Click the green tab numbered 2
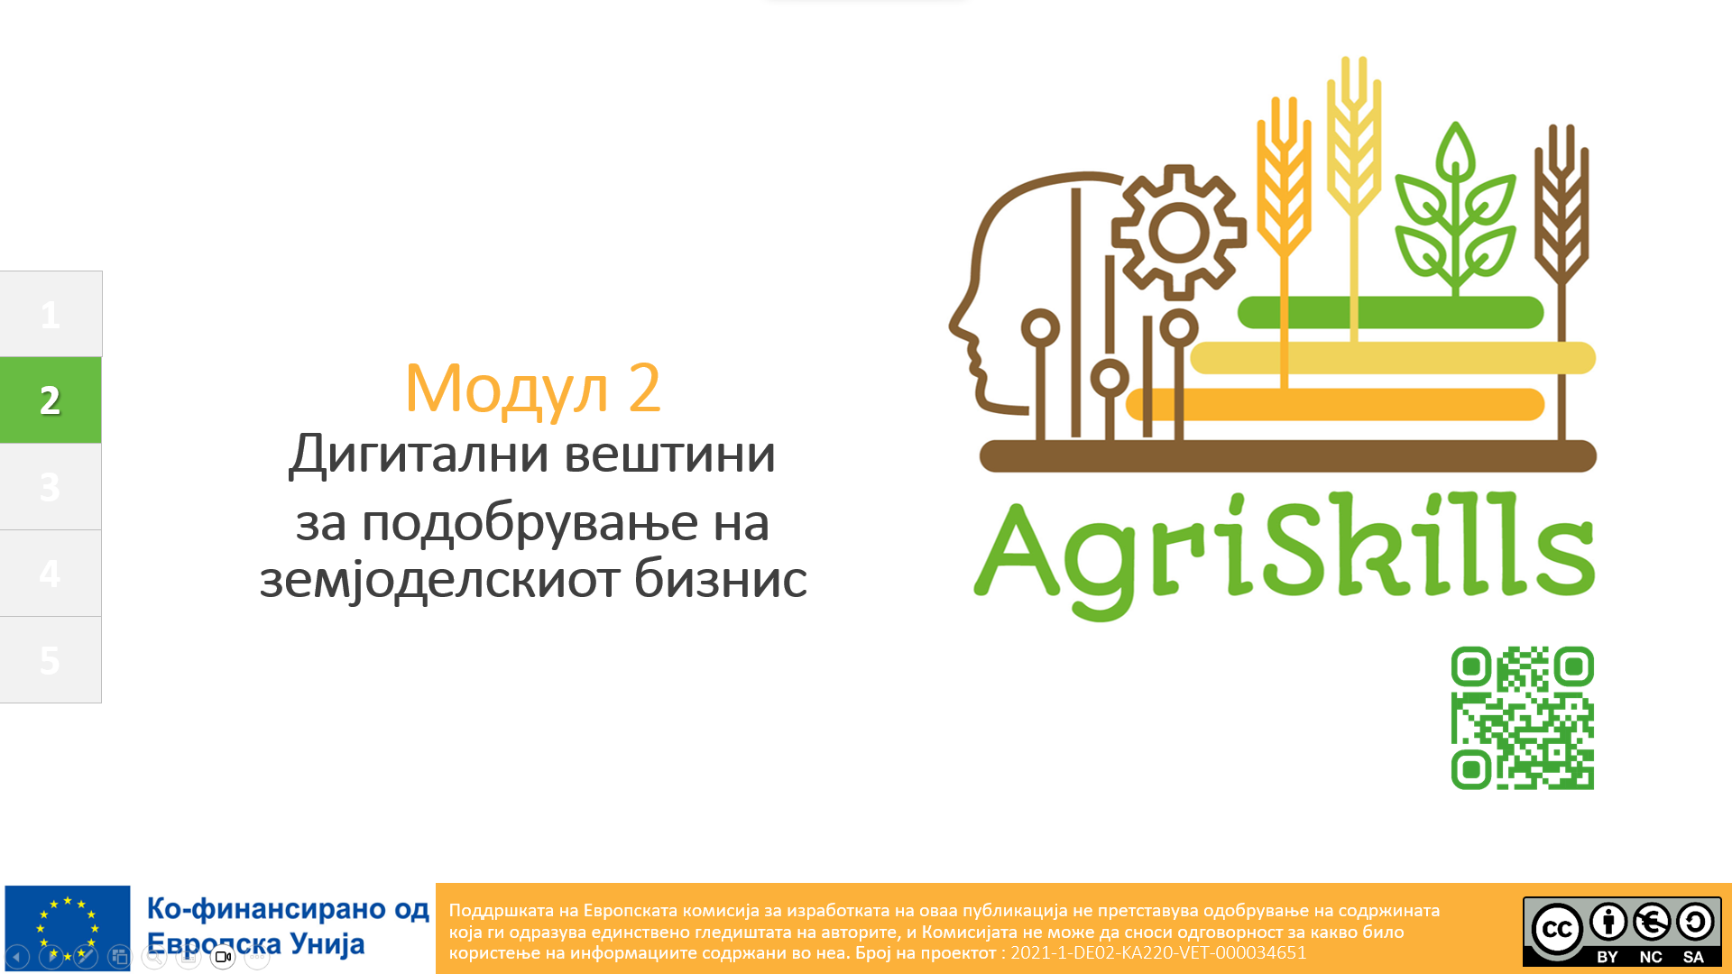pyautogui.click(x=51, y=400)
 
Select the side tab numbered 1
pyautogui.click(x=51, y=314)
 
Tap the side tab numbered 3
pyautogui.click(x=51, y=486)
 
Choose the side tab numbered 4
pyautogui.click(x=51, y=573)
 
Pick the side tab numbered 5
pyautogui.click(x=51, y=659)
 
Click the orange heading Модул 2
pyautogui.click(x=532, y=389)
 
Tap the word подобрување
pyautogui.click(x=530, y=524)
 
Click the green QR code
pyautogui.click(x=1522, y=718)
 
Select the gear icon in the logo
pyautogui.click(x=1178, y=233)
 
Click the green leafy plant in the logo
pyautogui.click(x=1455, y=207)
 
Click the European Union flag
pyautogui.click(x=68, y=928)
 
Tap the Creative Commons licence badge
pyautogui.click(x=1622, y=931)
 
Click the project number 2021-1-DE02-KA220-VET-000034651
pyautogui.click(x=1158, y=953)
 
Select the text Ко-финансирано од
pyautogui.click(x=288, y=908)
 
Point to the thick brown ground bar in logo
pyautogui.click(x=1288, y=456)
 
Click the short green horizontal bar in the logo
pyautogui.click(x=1390, y=312)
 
